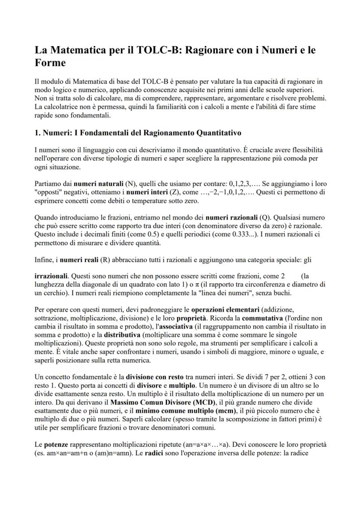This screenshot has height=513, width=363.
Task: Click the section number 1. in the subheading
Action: tap(38, 132)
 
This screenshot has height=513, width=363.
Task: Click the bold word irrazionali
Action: tap(51, 276)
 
